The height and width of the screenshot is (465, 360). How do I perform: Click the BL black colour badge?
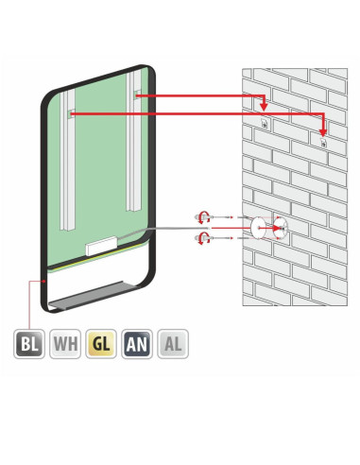pyautogui.click(x=29, y=344)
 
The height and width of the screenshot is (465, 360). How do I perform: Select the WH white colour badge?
pyautogui.click(x=65, y=344)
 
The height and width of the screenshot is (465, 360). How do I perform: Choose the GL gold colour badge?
pyautogui.click(x=101, y=344)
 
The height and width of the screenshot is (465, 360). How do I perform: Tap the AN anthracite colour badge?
pyautogui.click(x=137, y=344)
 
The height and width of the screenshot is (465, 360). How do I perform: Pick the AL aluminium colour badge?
pyautogui.click(x=173, y=344)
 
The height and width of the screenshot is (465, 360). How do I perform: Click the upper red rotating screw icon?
pyautogui.click(x=202, y=217)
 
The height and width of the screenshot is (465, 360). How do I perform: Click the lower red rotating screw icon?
pyautogui.click(x=202, y=238)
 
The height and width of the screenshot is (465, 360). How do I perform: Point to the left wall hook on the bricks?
pyautogui.click(x=265, y=123)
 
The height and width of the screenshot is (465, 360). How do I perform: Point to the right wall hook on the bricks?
pyautogui.click(x=323, y=142)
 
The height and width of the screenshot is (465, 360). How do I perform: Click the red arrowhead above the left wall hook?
pyautogui.click(x=264, y=107)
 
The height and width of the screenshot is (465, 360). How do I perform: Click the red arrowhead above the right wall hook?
pyautogui.click(x=323, y=131)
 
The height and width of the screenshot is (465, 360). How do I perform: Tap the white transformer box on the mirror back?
pyautogui.click(x=101, y=246)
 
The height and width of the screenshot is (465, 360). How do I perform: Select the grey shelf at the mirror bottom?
pyautogui.click(x=93, y=295)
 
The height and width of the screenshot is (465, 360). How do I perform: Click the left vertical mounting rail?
pyautogui.click(x=67, y=160)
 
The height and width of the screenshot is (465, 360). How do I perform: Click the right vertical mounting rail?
pyautogui.click(x=133, y=141)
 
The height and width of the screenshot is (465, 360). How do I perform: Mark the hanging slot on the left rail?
pyautogui.click(x=72, y=113)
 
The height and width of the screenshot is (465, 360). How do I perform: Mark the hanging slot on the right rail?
pyautogui.click(x=137, y=95)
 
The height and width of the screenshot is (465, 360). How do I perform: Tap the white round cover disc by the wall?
pyautogui.click(x=258, y=228)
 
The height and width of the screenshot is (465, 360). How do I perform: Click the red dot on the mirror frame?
pyautogui.click(x=44, y=281)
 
